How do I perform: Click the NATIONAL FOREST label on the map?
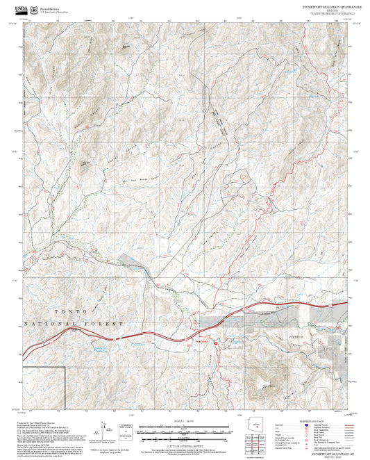point(73,324)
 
